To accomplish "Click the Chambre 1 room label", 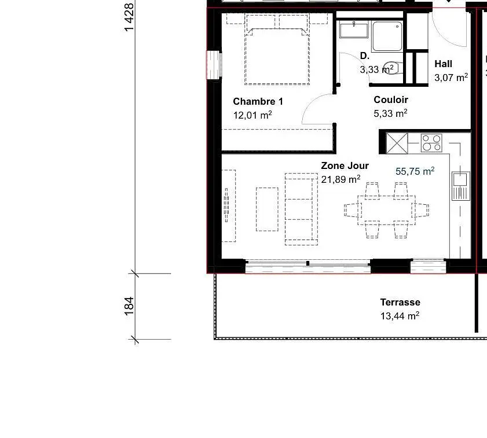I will [258, 101].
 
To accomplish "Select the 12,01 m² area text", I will [252, 115].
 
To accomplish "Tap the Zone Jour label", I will [345, 165].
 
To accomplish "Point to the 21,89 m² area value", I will [340, 179].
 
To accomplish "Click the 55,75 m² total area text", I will [415, 171].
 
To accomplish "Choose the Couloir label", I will [391, 100].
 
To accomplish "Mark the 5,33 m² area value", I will [390, 113].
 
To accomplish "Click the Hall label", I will [443, 64].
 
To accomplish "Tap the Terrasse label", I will [400, 302].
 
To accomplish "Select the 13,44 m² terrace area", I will [400, 316].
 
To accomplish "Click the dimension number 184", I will [129, 306].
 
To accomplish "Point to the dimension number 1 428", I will [129, 17].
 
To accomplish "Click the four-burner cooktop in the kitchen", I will [431, 142].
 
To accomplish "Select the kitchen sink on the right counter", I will [460, 185].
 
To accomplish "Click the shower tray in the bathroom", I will [387, 36].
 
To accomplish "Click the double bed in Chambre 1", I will [276, 52].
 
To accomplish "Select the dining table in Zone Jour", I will [387, 209].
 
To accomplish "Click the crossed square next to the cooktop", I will [397, 143].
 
